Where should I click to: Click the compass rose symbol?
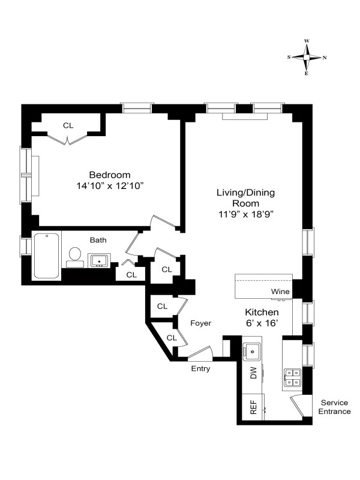(307, 58)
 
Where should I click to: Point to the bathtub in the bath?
(47, 256)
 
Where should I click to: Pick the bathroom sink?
(100, 260)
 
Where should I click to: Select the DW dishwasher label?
(253, 375)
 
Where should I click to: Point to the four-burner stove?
(293, 376)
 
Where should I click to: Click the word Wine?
(280, 292)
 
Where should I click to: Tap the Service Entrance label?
(335, 407)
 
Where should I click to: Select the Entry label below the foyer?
(200, 368)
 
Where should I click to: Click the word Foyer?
(201, 323)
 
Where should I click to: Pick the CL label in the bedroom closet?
(68, 125)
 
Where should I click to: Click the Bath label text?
(98, 240)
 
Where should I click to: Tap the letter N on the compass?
(325, 58)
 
